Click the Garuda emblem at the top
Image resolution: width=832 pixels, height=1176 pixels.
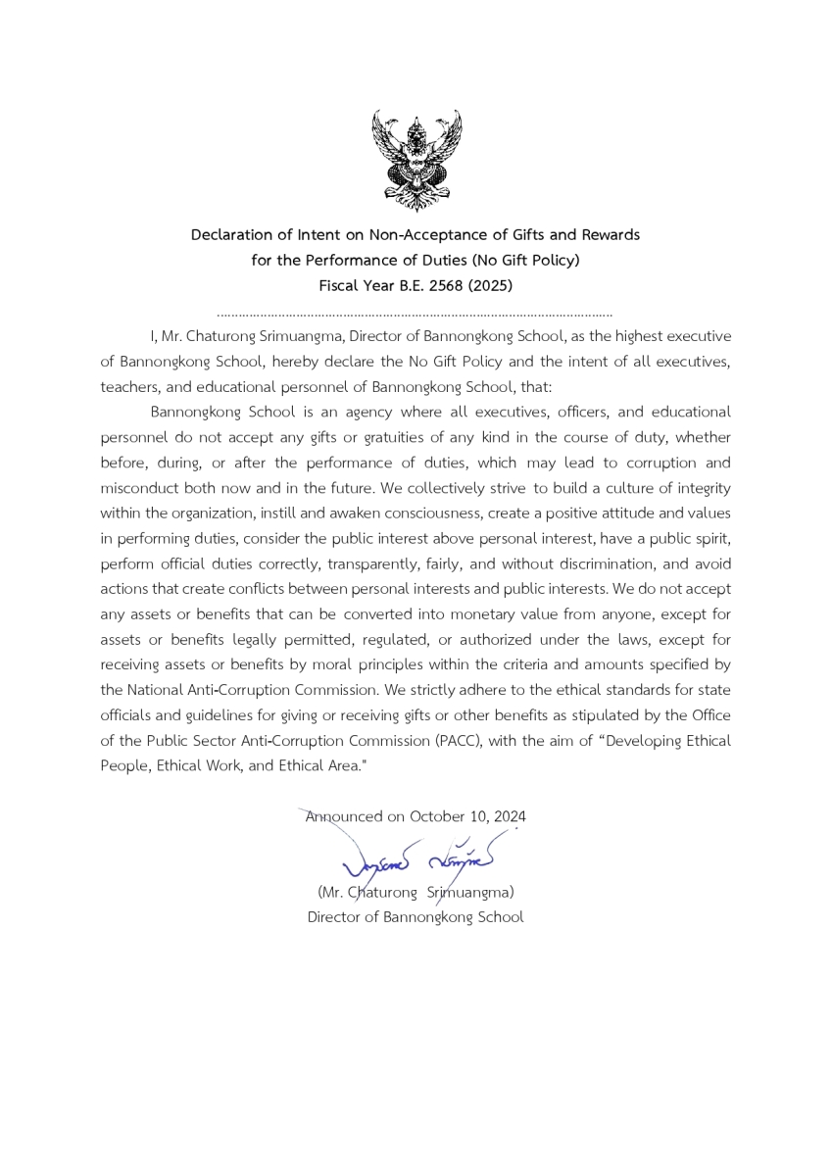(x=416, y=160)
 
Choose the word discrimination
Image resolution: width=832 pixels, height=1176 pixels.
(x=573, y=564)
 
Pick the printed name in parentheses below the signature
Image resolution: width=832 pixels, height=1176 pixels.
(x=416, y=893)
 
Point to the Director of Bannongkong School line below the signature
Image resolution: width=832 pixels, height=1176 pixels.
(x=416, y=918)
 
